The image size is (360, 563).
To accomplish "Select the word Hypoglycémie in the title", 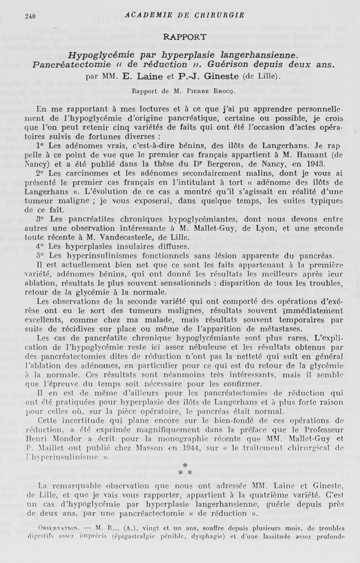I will (x=94, y=55).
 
